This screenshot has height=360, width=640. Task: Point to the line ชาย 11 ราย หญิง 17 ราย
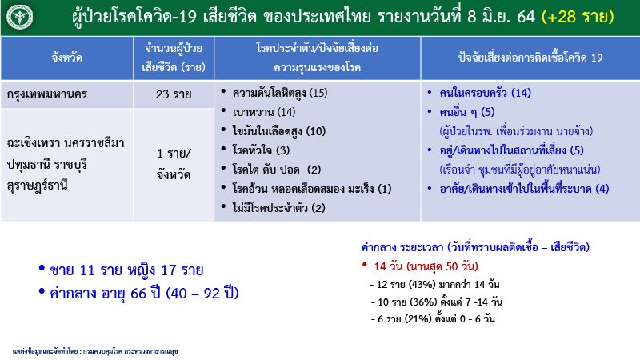[x=126, y=270]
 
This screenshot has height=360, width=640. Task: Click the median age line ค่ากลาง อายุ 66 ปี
[x=144, y=294]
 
